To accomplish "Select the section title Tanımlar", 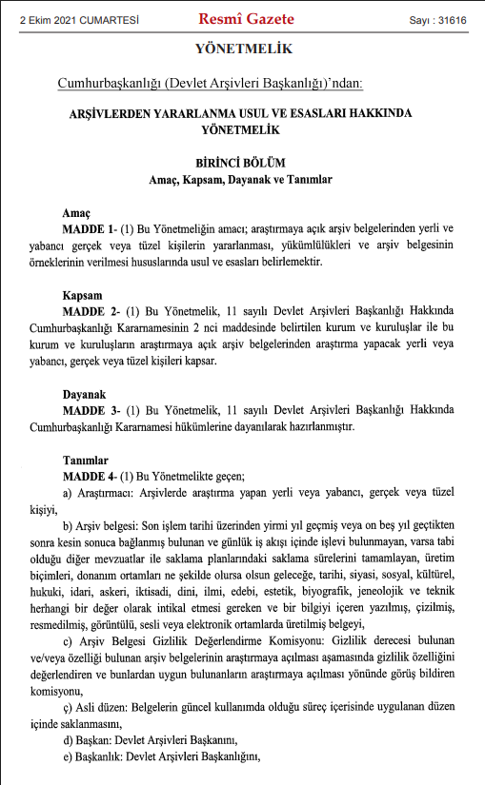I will pyautogui.click(x=86, y=460).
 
